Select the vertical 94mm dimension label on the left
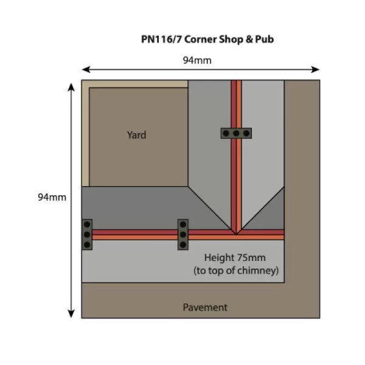click(52, 197)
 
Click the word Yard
click(136, 134)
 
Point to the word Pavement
click(205, 307)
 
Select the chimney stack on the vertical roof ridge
click(236, 133)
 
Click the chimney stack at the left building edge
click(87, 234)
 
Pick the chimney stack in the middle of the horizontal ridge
click(182, 234)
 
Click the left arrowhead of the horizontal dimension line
click(85, 69)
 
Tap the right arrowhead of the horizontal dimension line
click(316, 69)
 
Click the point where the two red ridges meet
click(236, 233)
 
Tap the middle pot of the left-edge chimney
click(87, 234)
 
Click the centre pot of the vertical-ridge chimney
click(236, 133)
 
